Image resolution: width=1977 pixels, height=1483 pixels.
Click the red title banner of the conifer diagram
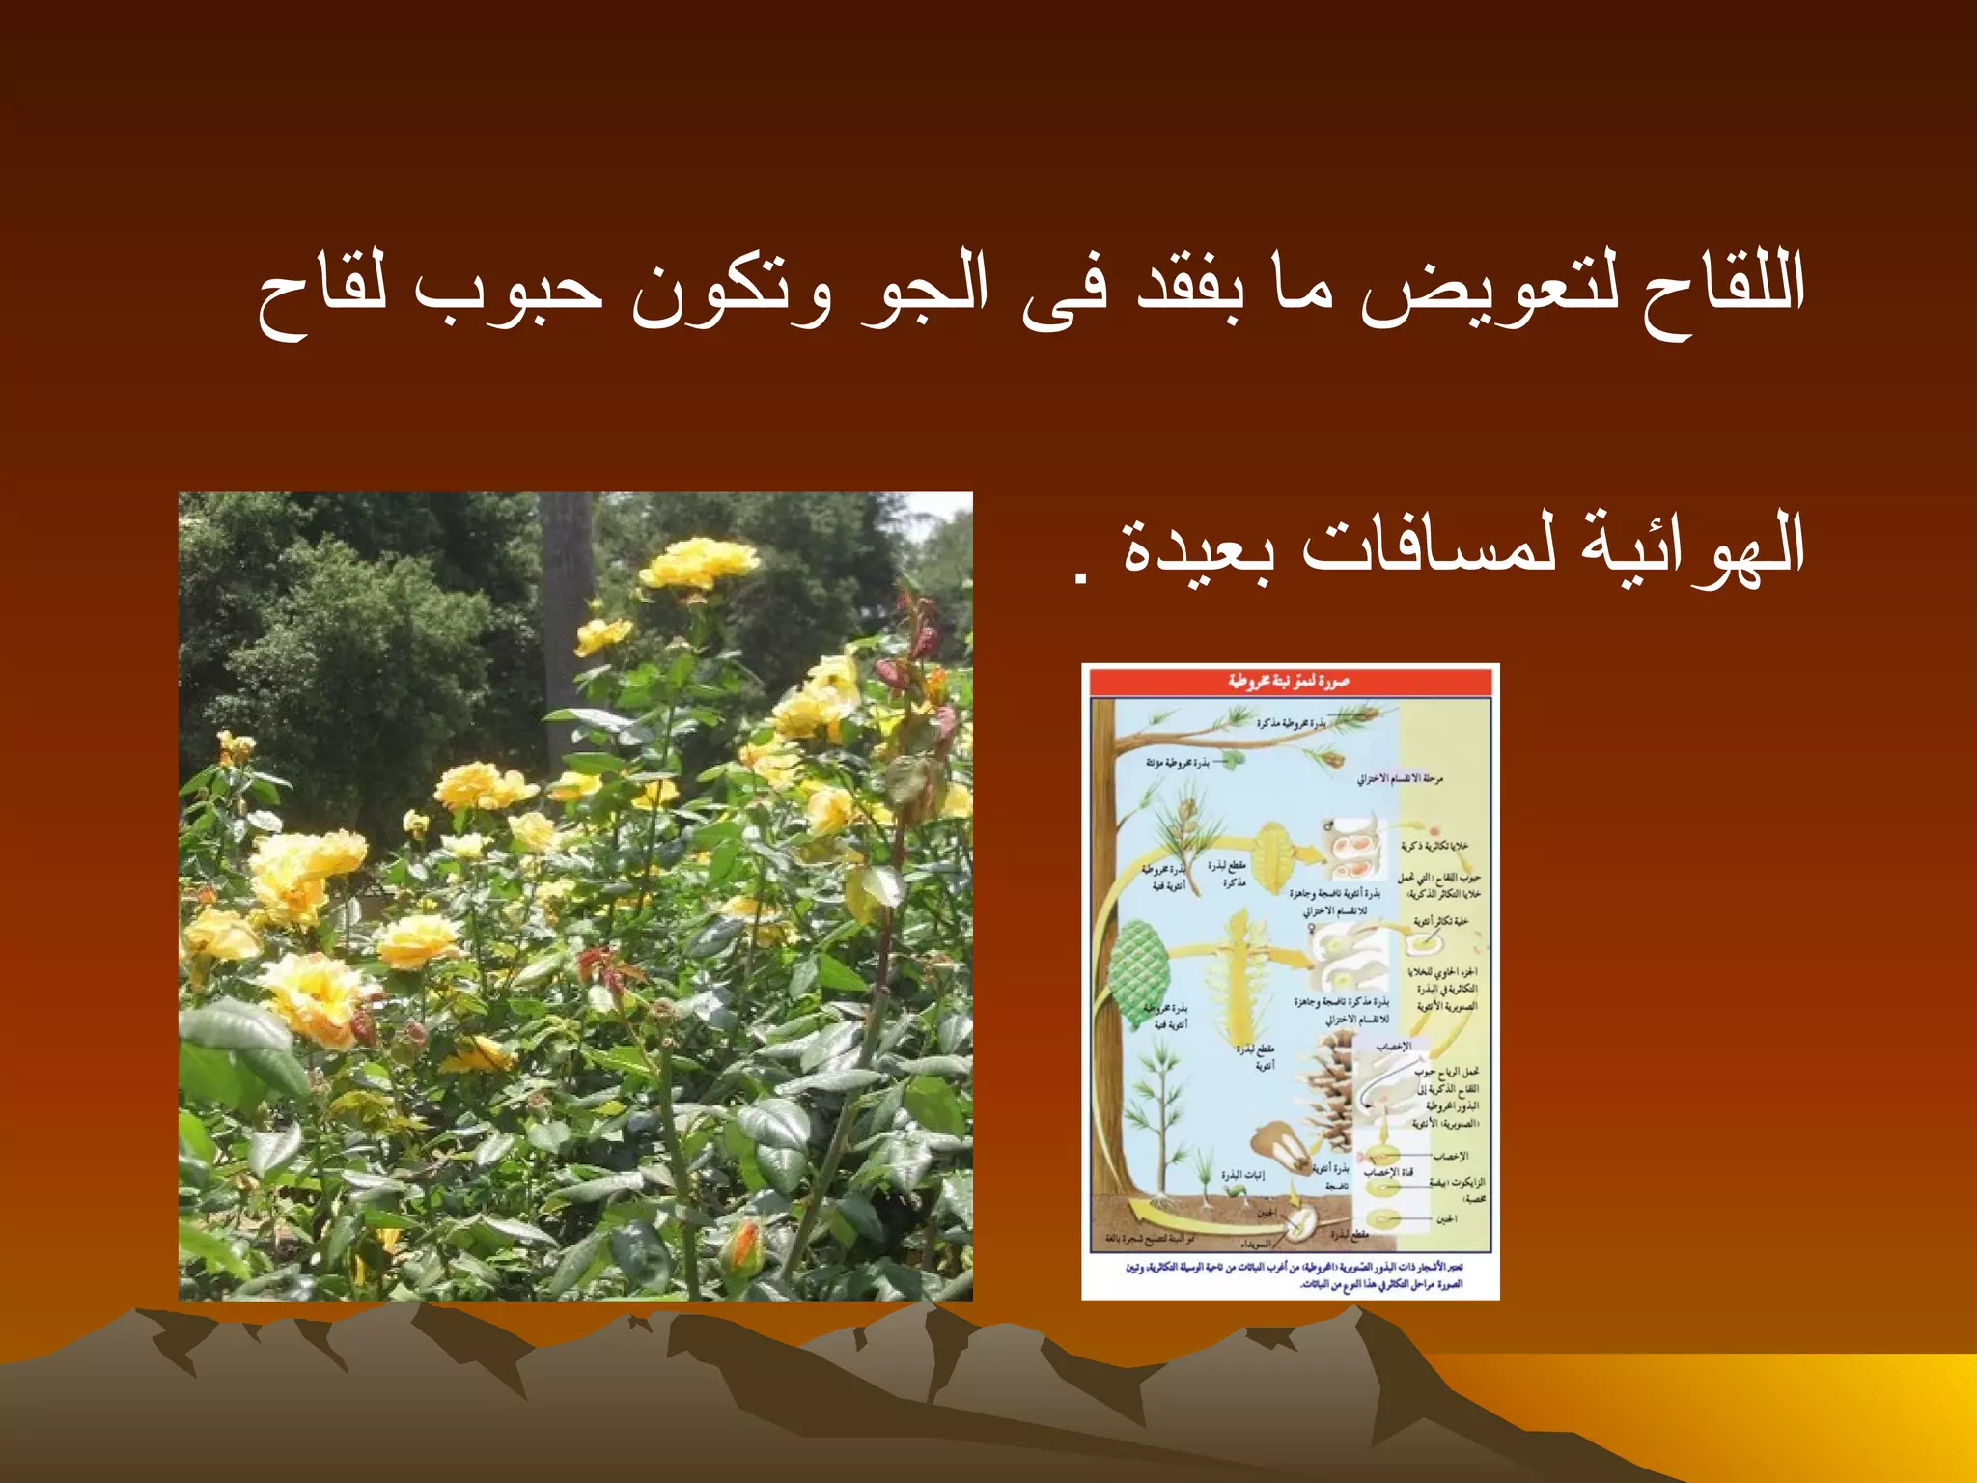tap(1290, 682)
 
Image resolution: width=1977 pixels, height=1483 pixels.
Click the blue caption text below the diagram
tap(1294, 1274)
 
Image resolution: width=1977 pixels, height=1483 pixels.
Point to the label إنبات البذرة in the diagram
tap(1242, 1175)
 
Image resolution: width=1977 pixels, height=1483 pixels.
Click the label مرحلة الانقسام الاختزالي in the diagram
tap(1400, 778)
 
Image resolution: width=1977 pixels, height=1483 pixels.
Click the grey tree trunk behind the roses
tap(566, 618)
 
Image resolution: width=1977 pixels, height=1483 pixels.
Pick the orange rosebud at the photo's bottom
tap(743, 1245)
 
